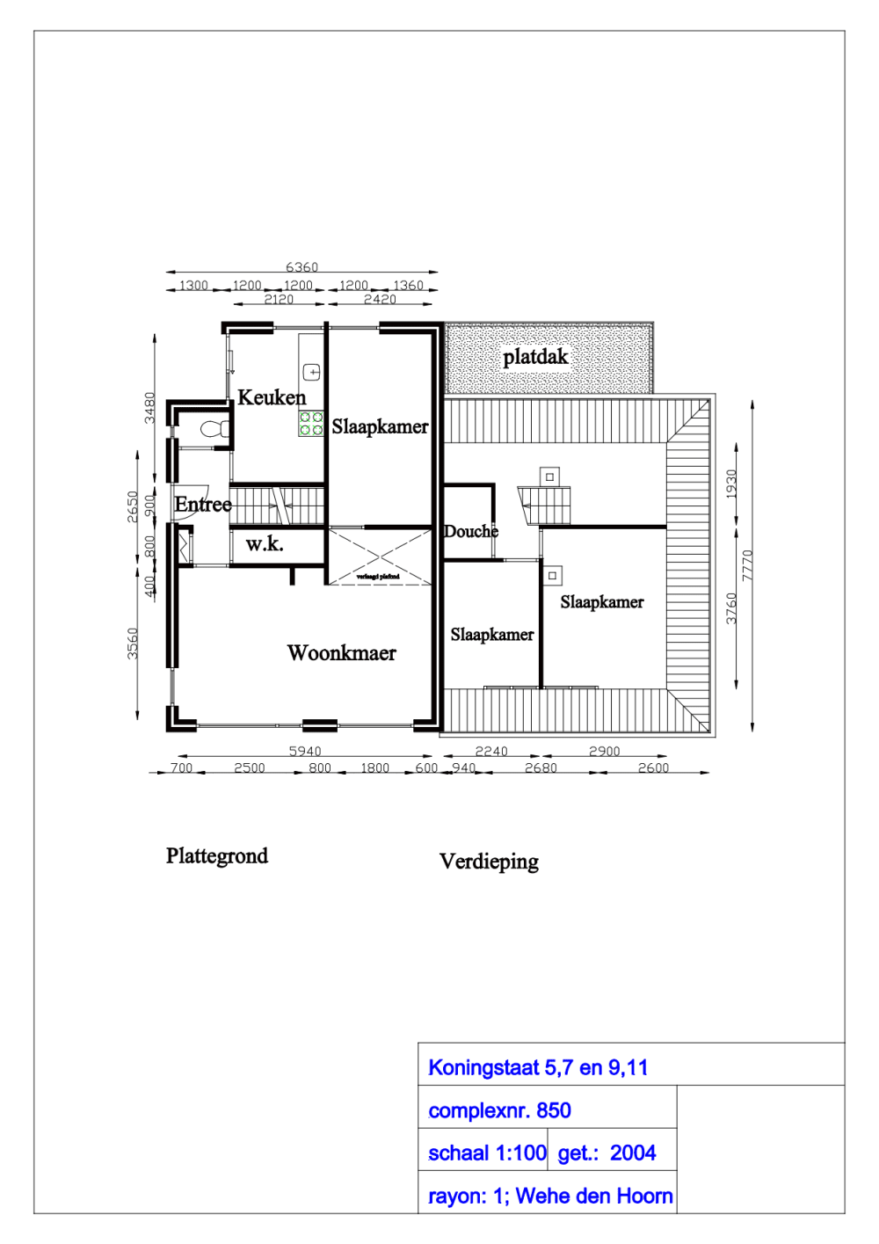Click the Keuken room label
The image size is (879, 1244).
click(x=272, y=397)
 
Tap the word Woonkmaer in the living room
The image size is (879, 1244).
click(x=341, y=653)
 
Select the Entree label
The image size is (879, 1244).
click(x=203, y=505)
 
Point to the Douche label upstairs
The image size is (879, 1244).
click(x=471, y=531)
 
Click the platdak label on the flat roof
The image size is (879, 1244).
click(x=535, y=357)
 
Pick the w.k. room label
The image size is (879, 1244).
click(x=265, y=544)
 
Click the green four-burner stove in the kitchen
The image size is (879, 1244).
click(x=311, y=424)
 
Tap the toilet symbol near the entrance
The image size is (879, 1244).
click(x=214, y=429)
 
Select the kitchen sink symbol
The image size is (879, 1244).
click(x=311, y=372)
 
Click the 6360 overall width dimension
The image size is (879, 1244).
click(x=301, y=267)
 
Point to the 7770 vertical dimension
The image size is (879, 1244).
click(x=748, y=565)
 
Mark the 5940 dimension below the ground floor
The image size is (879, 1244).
click(x=305, y=751)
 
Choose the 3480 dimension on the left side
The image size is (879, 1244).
click(x=150, y=407)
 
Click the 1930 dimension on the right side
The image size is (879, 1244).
click(x=731, y=484)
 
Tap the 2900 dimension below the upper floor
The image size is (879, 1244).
click(x=604, y=751)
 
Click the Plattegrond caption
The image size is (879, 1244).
click(x=217, y=856)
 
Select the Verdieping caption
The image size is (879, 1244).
click(x=489, y=862)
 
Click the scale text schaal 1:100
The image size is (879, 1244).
click(x=487, y=1153)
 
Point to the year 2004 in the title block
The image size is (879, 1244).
click(x=633, y=1153)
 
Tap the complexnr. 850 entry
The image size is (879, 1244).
click(x=499, y=1110)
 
